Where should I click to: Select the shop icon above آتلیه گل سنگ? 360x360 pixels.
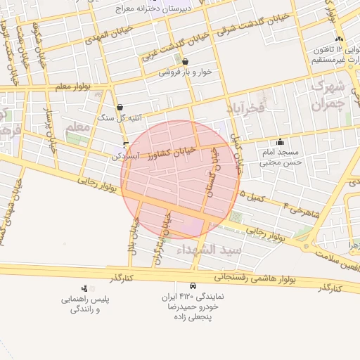click(x=120, y=107)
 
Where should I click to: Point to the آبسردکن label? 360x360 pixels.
click(x=127, y=156)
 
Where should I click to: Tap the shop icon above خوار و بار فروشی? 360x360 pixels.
click(x=185, y=61)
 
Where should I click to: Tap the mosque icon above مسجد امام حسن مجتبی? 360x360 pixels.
click(x=281, y=142)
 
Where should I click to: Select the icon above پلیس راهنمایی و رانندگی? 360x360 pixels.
click(x=84, y=288)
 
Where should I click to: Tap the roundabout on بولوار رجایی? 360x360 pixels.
click(x=308, y=246)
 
